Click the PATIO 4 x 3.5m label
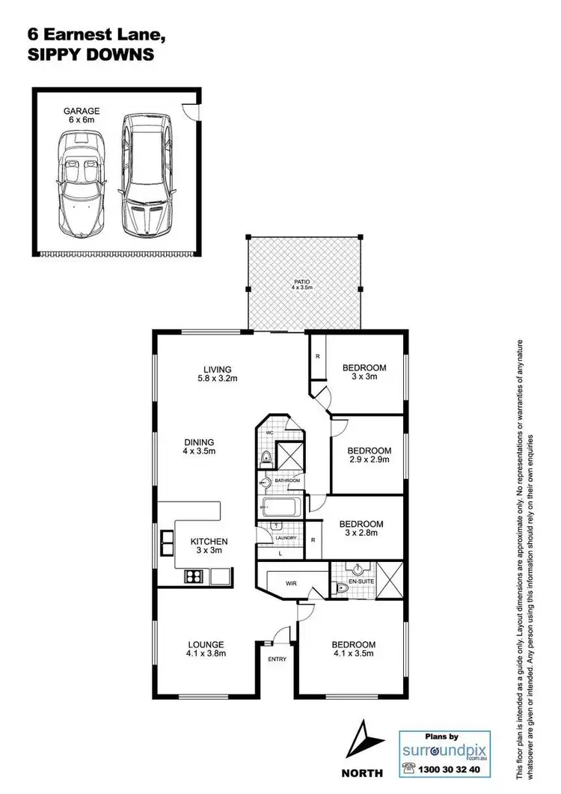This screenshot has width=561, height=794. coord(301,285)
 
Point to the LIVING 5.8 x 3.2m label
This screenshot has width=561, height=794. coord(217,373)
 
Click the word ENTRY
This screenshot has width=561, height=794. coord(278,659)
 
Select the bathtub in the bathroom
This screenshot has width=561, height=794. coord(281,507)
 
